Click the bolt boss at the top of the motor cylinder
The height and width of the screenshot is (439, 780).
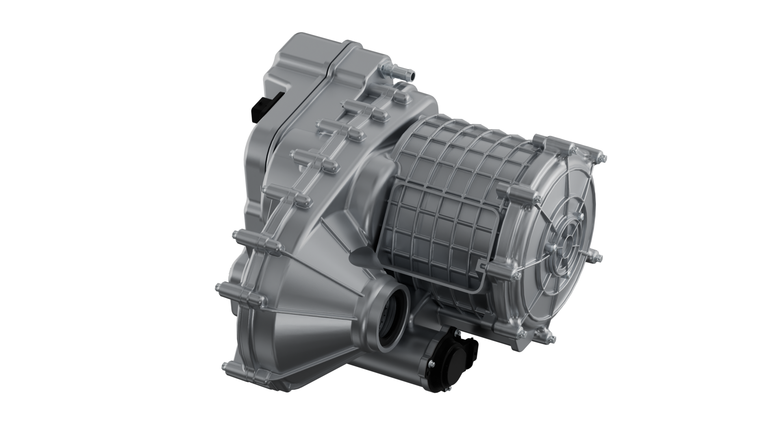544,142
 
